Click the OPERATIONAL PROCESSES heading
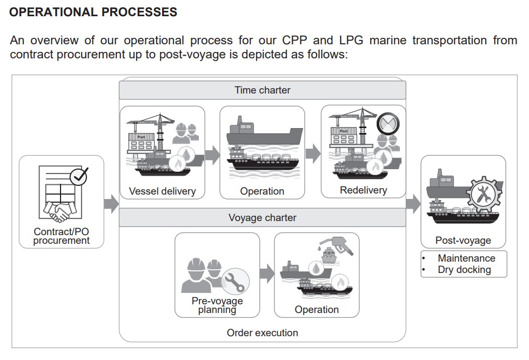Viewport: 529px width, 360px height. pos(93,11)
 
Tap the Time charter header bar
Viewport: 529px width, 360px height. pos(262,90)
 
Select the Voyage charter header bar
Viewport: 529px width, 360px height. pos(262,218)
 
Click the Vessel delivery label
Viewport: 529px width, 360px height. pos(162,191)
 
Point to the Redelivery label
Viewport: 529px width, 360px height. pos(363,190)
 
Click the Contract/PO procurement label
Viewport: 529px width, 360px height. pos(61,236)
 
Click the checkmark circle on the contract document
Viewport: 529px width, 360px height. pos(79,176)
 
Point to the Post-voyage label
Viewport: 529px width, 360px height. pos(463,241)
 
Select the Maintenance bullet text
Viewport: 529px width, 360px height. pos(466,258)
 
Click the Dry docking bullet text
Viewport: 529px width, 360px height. pos(464,269)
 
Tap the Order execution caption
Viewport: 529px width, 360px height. pos(262,332)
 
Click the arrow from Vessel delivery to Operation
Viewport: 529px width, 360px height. pos(212,155)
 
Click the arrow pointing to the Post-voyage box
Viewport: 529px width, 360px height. pos(413,204)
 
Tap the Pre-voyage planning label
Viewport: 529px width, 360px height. pos(217,305)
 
